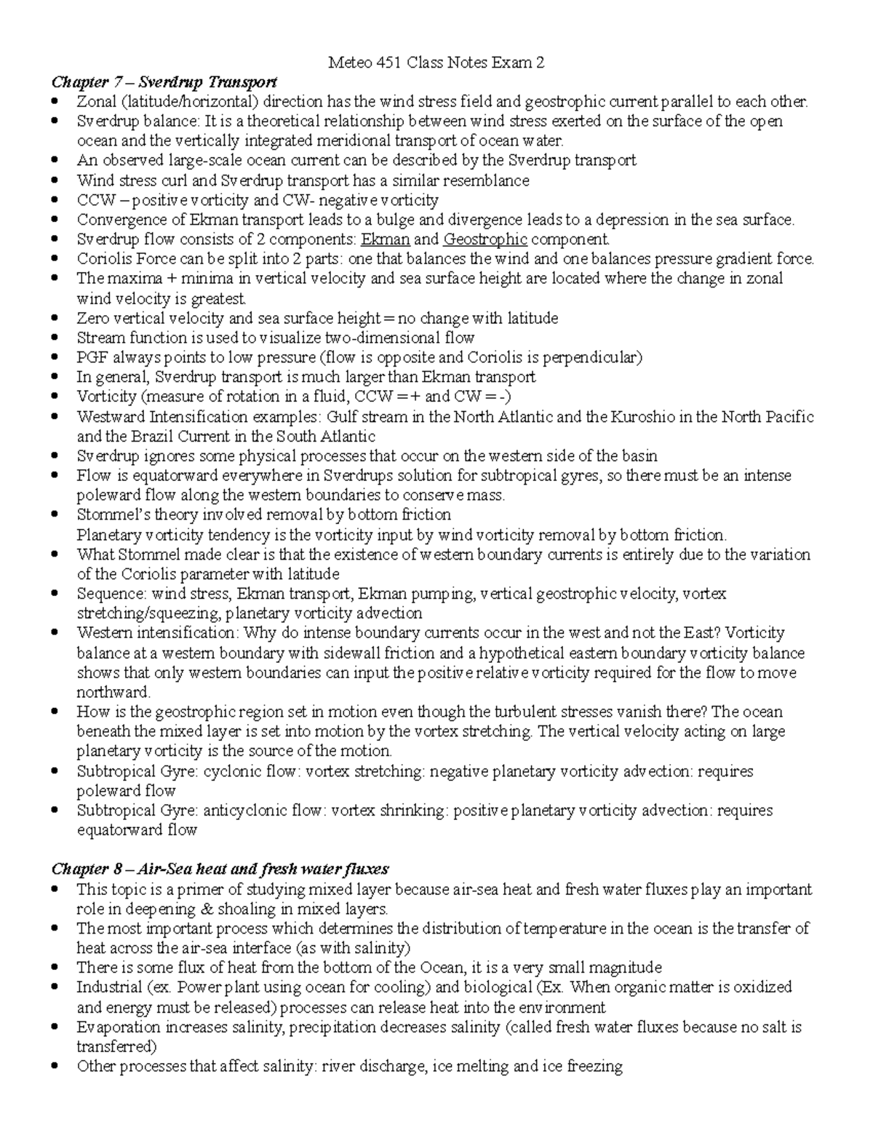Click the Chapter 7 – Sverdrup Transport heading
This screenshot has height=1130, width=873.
click(x=163, y=81)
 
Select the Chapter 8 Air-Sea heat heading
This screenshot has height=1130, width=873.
click(x=219, y=869)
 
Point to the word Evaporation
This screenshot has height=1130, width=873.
click(x=119, y=1027)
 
